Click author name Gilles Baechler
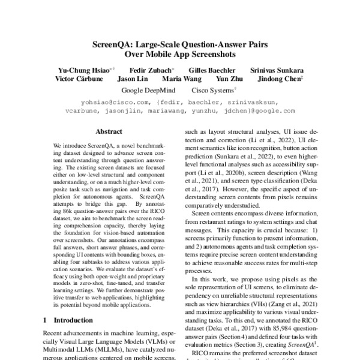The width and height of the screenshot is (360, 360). pos(209,70)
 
